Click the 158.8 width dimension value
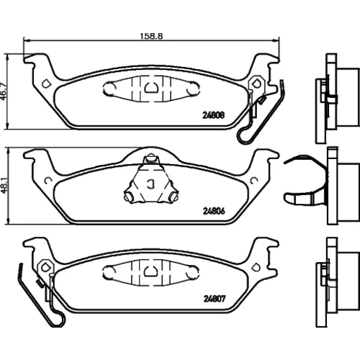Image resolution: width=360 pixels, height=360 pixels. [151, 36]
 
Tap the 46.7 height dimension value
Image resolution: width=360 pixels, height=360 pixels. [4, 91]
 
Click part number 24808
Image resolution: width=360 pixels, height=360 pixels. [214, 115]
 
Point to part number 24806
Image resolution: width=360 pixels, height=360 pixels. [214, 211]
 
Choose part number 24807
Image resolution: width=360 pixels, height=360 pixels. [215, 299]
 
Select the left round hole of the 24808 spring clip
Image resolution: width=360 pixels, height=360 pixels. [109, 89]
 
